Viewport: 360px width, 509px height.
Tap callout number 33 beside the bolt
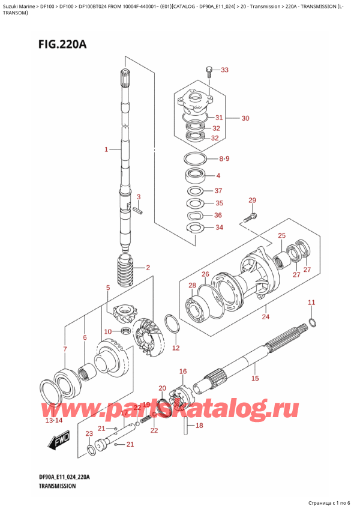(224, 71)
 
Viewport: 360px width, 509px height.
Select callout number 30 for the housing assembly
(245, 118)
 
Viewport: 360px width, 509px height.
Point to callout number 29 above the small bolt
(252, 200)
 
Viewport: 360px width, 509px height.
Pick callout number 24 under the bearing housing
(266, 317)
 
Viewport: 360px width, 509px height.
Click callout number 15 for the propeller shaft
(255, 378)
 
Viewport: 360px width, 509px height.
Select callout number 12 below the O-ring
(175, 348)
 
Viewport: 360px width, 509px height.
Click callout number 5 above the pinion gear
(107, 288)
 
